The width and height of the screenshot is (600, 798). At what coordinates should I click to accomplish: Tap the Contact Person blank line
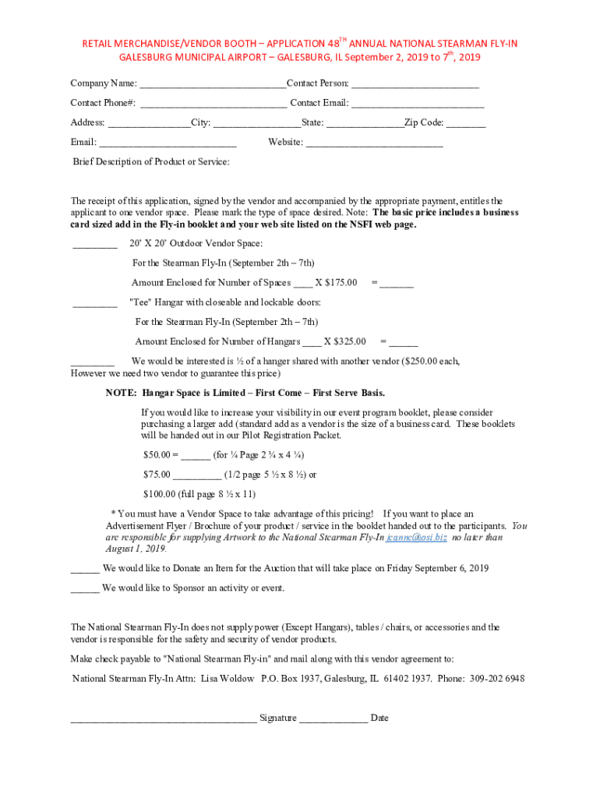click(x=415, y=84)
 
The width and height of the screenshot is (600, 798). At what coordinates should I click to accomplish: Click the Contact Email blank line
click(x=418, y=104)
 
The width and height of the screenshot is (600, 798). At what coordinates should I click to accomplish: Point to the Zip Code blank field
click(x=466, y=123)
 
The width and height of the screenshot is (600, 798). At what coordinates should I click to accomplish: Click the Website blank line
click(x=374, y=143)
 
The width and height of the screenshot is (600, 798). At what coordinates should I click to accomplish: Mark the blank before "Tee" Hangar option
click(x=94, y=303)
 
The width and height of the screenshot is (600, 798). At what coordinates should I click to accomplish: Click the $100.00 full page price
click(x=159, y=494)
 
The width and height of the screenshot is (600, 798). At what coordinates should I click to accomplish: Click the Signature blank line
click(x=164, y=719)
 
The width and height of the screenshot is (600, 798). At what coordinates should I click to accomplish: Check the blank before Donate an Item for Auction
click(x=85, y=569)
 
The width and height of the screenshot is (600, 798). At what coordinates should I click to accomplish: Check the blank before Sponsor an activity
click(x=85, y=588)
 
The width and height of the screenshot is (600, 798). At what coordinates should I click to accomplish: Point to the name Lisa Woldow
click(x=228, y=679)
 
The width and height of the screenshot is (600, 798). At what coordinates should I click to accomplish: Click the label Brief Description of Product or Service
click(x=151, y=162)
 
